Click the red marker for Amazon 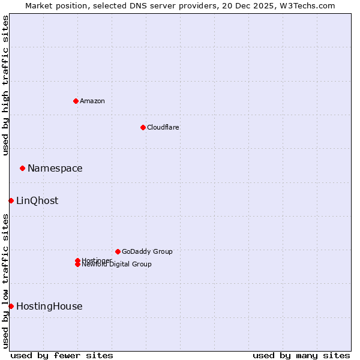point(76,101)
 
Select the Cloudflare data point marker point(143,127)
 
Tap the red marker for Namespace point(22,168)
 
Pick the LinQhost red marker point(11,200)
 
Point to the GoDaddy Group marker point(118,251)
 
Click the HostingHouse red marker point(11,306)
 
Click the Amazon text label point(92,101)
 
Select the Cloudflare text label point(163,127)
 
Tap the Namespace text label point(55,168)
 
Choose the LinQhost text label point(37,200)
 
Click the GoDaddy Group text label point(147,251)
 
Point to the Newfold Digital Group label point(117,265)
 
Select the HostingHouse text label point(49,306)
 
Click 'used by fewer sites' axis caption point(62,355)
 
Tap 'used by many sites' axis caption point(301,355)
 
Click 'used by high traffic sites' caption point(5,85)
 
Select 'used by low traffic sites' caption point(5,281)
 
